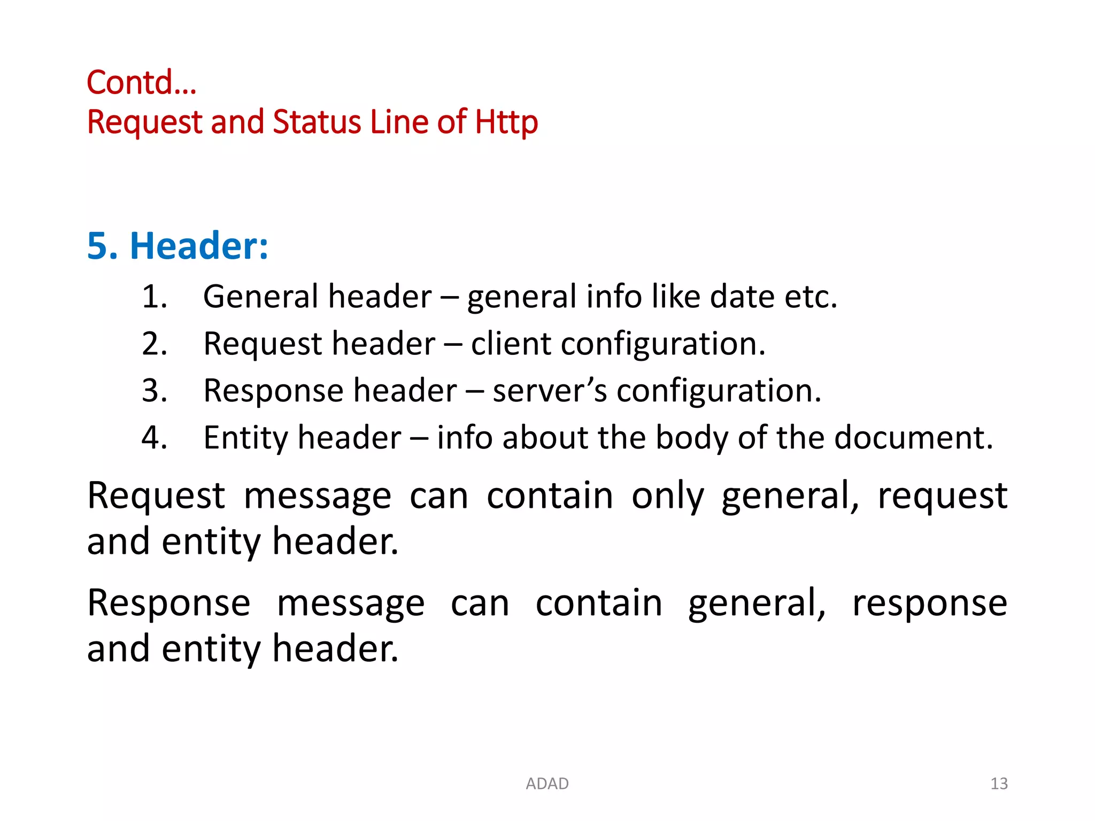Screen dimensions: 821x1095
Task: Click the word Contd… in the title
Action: (142, 83)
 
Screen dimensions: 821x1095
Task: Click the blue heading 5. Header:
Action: (178, 246)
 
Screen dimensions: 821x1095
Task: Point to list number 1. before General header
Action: (155, 297)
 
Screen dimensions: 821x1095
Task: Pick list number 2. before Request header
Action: (155, 344)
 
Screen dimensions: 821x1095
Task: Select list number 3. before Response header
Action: (155, 391)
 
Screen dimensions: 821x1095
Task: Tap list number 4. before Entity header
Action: (155, 438)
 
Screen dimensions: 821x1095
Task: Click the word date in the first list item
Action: (742, 297)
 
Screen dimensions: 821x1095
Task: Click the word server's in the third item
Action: (550, 391)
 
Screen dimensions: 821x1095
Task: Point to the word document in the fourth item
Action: (913, 438)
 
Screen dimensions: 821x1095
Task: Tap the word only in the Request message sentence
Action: (668, 496)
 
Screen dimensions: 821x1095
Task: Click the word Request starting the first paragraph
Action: (156, 496)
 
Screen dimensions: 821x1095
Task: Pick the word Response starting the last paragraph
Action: (169, 603)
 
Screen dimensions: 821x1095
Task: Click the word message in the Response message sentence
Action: (351, 603)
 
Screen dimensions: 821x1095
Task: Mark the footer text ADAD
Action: (547, 784)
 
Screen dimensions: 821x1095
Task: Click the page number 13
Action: (999, 784)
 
